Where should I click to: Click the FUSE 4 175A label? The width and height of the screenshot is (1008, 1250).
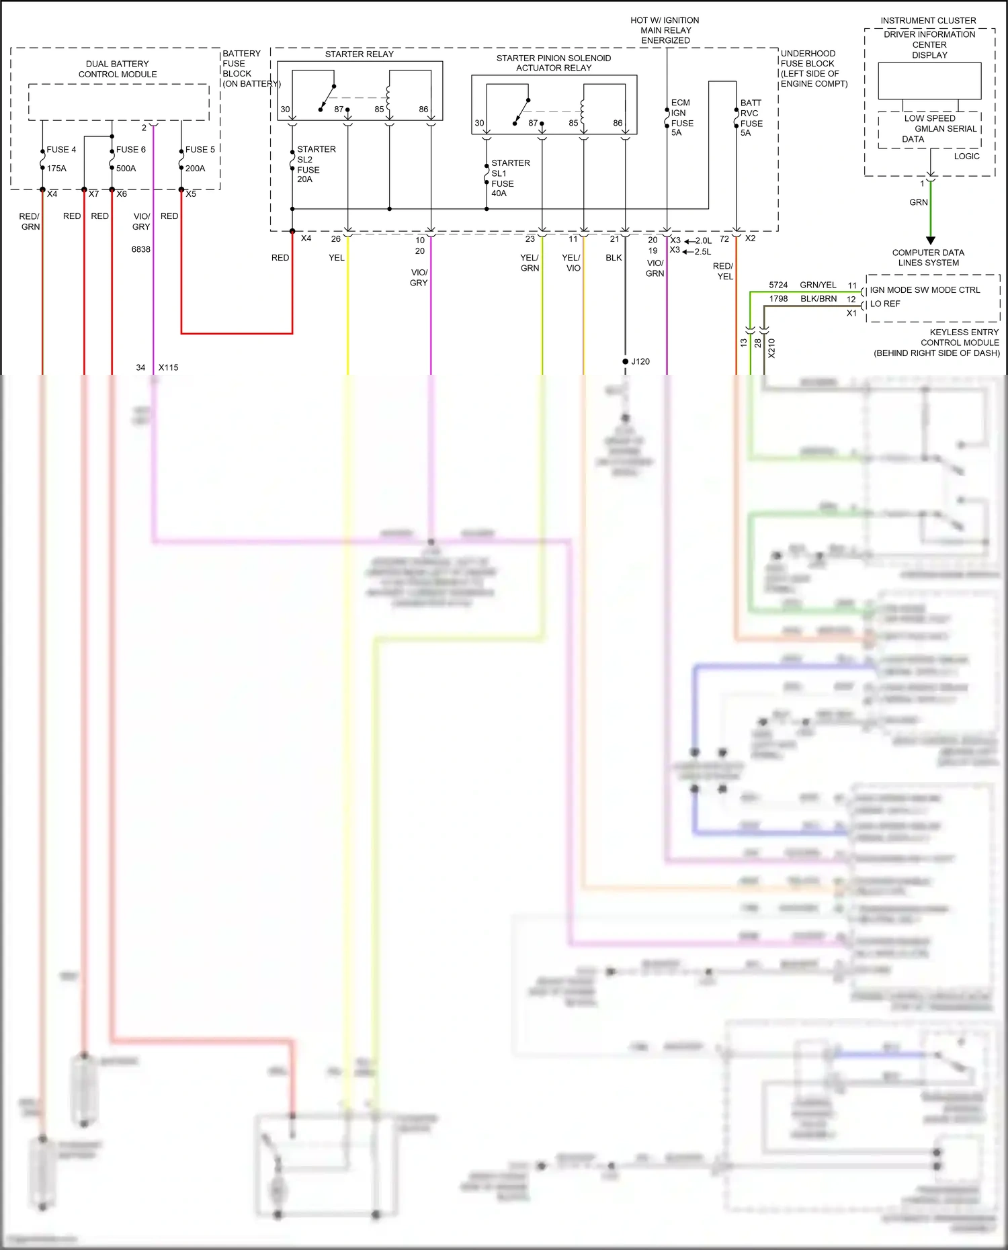tap(60, 159)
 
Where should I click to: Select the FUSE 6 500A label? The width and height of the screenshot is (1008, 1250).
tap(130, 159)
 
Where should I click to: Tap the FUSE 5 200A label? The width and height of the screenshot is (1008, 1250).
tap(199, 159)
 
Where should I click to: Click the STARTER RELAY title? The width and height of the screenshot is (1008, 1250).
tap(359, 54)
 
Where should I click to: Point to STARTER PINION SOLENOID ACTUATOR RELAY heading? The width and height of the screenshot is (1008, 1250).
tap(553, 62)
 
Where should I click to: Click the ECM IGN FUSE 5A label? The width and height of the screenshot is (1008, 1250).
tap(681, 118)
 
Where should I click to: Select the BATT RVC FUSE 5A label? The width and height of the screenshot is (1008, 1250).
tap(751, 118)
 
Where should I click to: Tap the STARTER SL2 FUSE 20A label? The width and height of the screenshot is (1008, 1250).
tap(315, 164)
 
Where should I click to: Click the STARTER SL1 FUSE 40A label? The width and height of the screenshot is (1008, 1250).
tap(509, 178)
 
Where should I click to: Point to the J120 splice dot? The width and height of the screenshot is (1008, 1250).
tap(626, 361)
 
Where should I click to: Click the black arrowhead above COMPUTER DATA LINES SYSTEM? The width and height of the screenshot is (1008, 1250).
tap(930, 240)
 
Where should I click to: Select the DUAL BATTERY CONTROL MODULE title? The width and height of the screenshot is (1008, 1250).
tap(118, 69)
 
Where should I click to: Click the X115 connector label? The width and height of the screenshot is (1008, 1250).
tap(168, 367)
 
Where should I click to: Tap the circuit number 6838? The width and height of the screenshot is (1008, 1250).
tap(140, 249)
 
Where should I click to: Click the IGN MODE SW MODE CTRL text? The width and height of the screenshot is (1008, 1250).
tap(925, 290)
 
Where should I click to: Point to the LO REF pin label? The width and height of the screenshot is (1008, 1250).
tap(884, 304)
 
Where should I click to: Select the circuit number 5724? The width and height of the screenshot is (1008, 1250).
tap(778, 285)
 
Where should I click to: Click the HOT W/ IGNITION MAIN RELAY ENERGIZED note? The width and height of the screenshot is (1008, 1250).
tap(665, 30)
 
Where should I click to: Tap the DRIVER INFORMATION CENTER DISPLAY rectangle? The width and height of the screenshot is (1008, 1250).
tap(929, 81)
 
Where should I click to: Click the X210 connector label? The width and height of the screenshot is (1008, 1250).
tap(771, 348)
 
